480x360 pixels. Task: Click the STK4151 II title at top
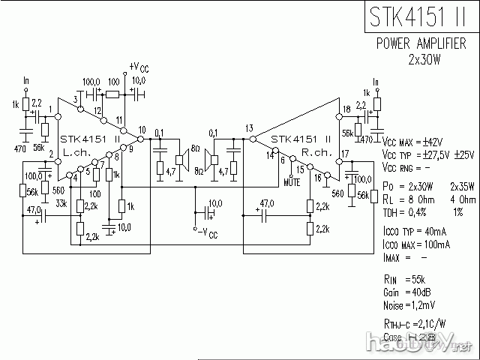tap(419, 17)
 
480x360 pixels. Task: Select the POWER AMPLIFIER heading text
tap(424, 44)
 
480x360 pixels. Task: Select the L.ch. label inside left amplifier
tap(77, 151)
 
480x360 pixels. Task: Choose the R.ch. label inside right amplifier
tap(313, 151)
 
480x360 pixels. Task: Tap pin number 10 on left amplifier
tap(142, 130)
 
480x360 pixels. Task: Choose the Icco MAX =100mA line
tap(416, 244)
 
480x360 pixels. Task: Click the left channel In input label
tap(26, 80)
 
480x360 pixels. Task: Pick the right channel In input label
tap(374, 80)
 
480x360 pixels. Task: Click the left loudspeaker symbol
tap(180, 159)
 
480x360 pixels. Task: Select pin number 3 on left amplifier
tap(76, 100)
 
